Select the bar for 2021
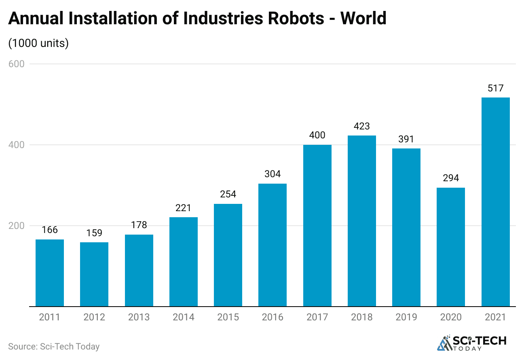point(495,202)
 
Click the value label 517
point(495,89)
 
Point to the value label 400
point(317,135)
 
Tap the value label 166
point(50,230)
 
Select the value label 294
point(451,178)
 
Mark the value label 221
point(184,208)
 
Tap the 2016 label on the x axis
point(273,317)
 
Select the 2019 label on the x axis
point(406,317)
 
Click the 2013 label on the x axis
point(139,317)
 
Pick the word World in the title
point(363,18)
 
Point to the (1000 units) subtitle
point(38,43)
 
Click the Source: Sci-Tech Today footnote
point(54,347)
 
